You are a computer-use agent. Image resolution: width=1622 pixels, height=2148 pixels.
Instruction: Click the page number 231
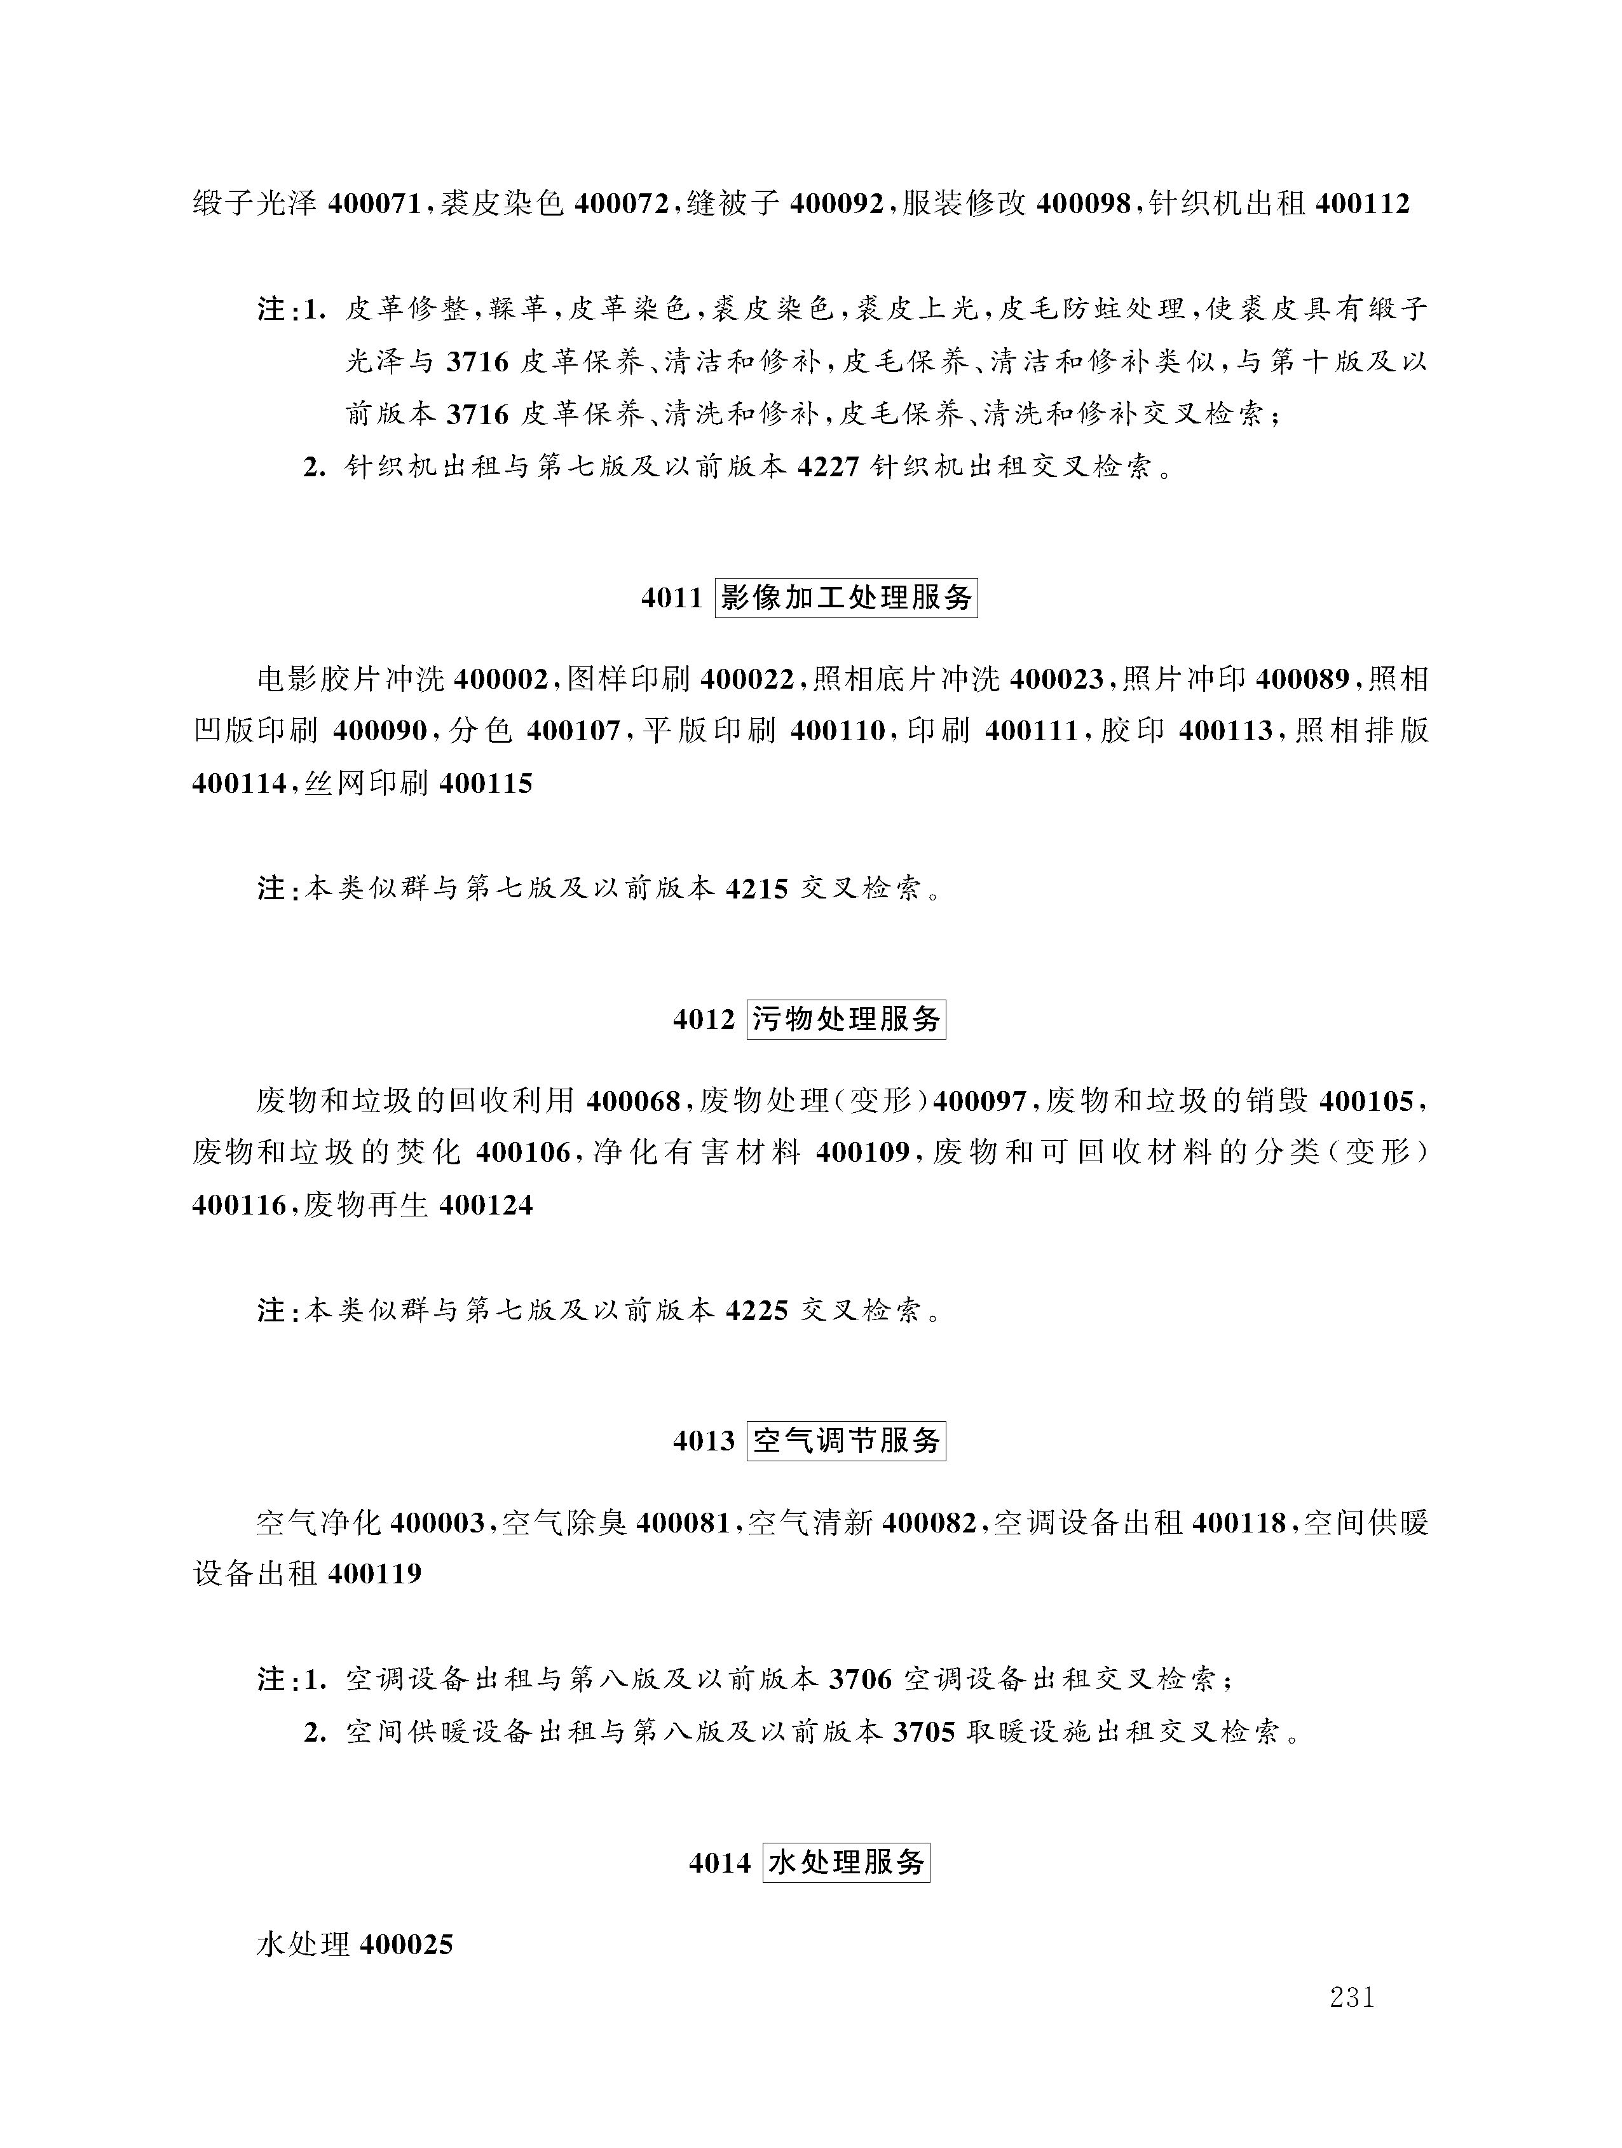click(x=1351, y=1997)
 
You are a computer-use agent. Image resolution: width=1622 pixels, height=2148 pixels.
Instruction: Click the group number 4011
click(x=672, y=599)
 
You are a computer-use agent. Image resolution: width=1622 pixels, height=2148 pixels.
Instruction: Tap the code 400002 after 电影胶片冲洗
click(x=501, y=680)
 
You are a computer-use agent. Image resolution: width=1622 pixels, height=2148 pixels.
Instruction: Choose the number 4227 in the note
click(x=828, y=468)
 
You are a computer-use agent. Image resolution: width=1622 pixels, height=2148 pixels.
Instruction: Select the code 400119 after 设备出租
click(x=375, y=1574)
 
